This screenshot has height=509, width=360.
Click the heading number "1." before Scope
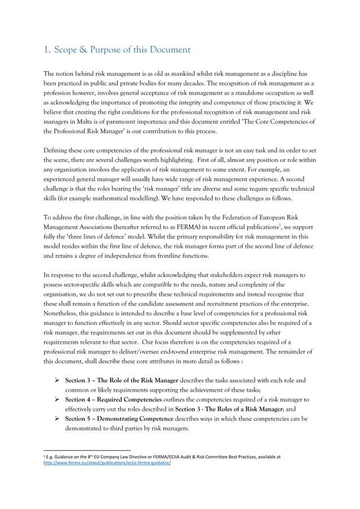47,50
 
